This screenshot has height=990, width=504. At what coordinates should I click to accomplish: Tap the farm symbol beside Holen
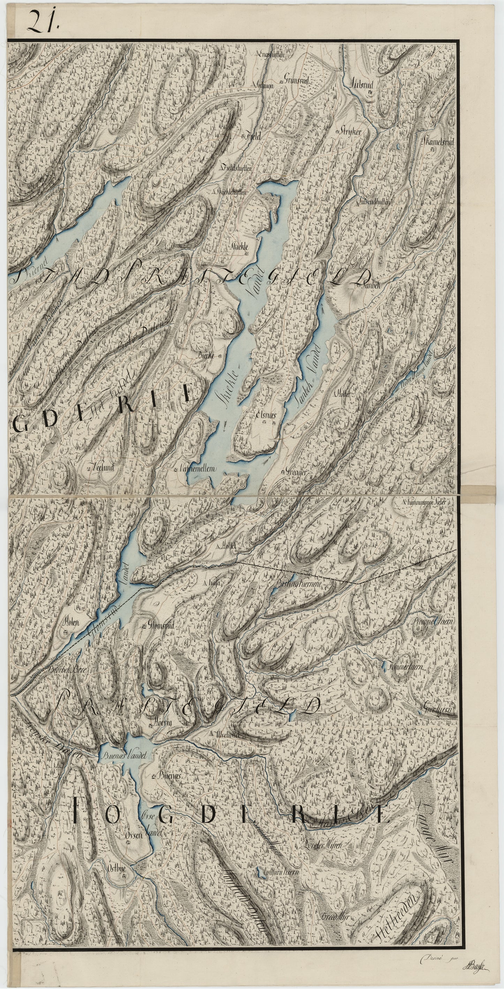point(66,631)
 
